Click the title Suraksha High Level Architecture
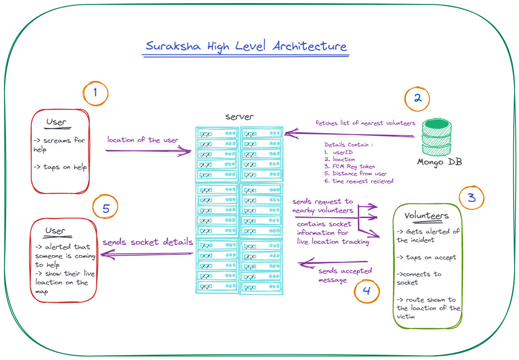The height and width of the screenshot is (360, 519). coord(246,46)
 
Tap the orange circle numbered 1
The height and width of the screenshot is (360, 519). coord(95,93)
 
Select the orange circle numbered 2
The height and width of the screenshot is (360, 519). coord(417,98)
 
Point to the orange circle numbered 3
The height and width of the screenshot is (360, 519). coord(472,197)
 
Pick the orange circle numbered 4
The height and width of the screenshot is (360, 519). coord(367,291)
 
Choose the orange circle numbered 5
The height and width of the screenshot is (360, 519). coord(106,208)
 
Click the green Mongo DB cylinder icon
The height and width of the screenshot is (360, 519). coord(436,136)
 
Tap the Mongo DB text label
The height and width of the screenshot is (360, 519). coord(439,162)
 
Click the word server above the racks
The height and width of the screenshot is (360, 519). coord(240,117)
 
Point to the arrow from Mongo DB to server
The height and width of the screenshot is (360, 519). coord(349,134)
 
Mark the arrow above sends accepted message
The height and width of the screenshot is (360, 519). coord(334,263)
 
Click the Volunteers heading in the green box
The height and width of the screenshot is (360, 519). coord(427,216)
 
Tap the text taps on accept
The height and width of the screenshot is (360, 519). coord(427,257)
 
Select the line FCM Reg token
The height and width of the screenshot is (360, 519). coord(349,166)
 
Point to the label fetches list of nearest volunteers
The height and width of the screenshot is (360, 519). coord(365,123)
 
